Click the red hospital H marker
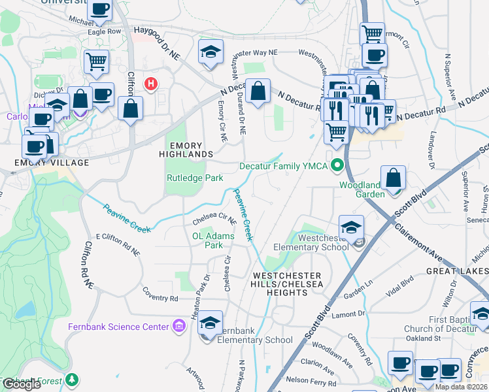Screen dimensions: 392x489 152,84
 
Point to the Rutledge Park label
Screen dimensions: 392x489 195,178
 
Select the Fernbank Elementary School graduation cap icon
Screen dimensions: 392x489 210,323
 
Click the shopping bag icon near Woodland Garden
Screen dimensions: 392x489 393,178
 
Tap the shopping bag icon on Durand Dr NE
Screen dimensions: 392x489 258,91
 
